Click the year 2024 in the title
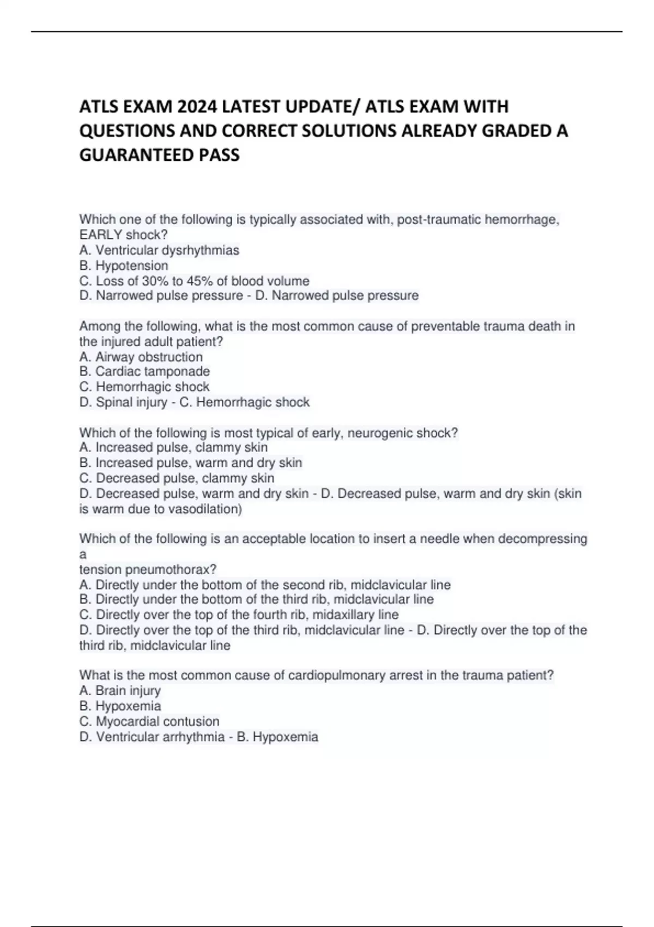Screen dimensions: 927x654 (x=198, y=106)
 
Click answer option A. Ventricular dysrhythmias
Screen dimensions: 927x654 (x=159, y=250)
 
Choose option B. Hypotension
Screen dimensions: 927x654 (x=124, y=266)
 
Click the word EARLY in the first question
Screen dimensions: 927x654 (x=101, y=235)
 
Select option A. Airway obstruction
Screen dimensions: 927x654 (x=141, y=357)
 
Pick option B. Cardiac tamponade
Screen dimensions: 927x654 (x=144, y=371)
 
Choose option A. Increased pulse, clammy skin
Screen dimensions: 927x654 (x=173, y=448)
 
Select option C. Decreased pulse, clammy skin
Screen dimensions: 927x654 (x=177, y=478)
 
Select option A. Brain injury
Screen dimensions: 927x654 (x=120, y=690)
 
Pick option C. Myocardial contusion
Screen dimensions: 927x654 (x=149, y=721)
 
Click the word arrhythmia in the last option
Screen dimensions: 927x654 (x=193, y=737)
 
